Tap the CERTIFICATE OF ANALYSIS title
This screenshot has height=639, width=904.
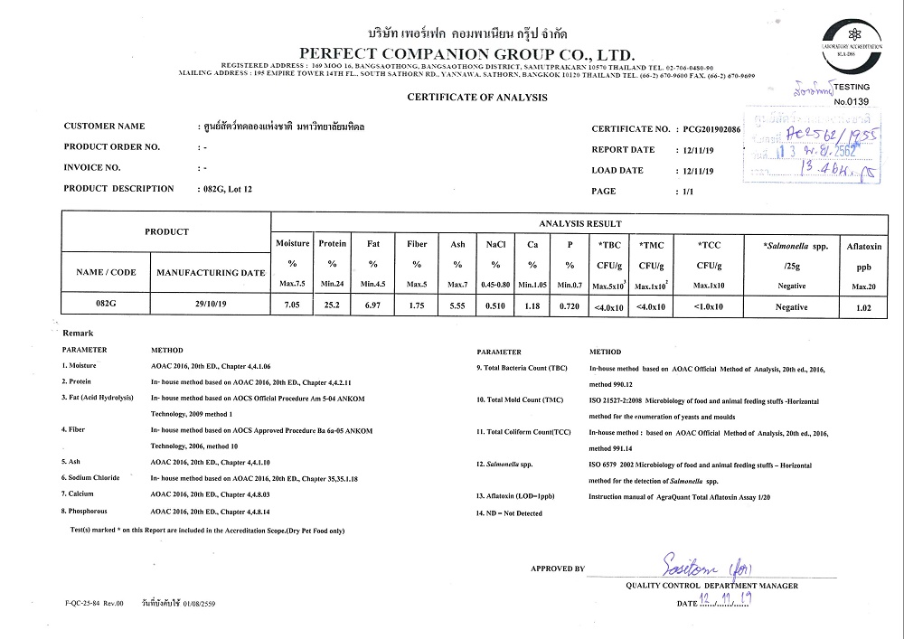point(476,97)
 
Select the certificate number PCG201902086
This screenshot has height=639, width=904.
point(711,130)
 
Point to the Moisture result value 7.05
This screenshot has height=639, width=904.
point(292,306)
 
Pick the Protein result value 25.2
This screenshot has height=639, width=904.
point(332,306)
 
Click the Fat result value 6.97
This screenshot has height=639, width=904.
point(373,306)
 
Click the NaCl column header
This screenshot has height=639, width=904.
point(495,244)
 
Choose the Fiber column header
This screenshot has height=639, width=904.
point(417,244)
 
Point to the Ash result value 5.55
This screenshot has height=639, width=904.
point(457,306)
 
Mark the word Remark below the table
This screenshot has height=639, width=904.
point(78,334)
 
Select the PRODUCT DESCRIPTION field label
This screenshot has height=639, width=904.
point(118,189)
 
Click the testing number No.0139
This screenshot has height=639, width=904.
point(851,102)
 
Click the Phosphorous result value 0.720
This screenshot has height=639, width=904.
point(569,306)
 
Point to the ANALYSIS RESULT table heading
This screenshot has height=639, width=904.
point(579,223)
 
